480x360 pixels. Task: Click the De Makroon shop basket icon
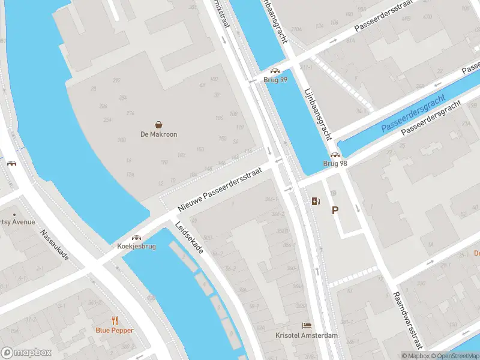tap(159, 125)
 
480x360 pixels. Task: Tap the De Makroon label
tap(159, 134)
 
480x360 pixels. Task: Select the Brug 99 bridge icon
tap(275, 71)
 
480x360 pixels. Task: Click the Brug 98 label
tap(335, 163)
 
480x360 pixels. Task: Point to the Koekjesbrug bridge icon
tap(137, 238)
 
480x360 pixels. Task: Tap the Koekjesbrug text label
tap(137, 247)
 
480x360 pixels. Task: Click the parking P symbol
tap(335, 211)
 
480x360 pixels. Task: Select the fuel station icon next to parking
tap(316, 202)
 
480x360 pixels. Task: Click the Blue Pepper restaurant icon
tap(115, 320)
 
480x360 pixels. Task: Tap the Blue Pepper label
tap(115, 330)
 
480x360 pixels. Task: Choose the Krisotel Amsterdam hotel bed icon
tap(307, 325)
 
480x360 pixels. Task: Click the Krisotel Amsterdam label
tap(307, 335)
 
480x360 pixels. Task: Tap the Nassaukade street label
tap(55, 245)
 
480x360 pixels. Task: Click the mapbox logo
tap(26, 353)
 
